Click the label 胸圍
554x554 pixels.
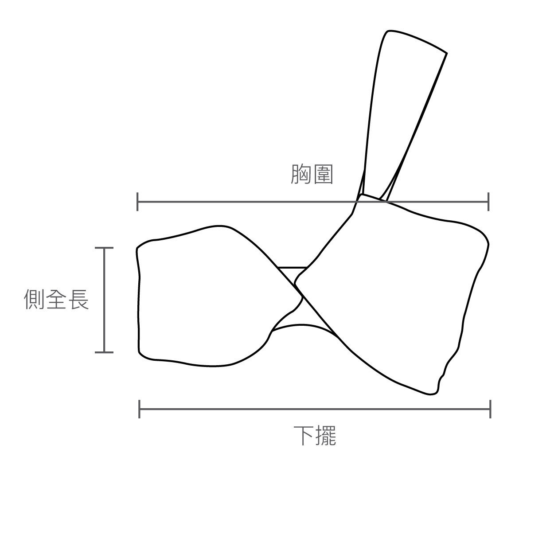click(x=312, y=175)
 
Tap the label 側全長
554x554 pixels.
click(x=56, y=299)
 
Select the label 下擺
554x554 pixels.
click(x=315, y=436)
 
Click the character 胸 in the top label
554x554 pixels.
click(x=301, y=175)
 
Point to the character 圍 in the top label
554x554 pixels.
click(x=323, y=175)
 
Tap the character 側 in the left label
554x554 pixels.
click(x=34, y=299)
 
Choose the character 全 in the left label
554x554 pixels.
click(x=56, y=299)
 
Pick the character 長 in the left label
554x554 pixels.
click(x=78, y=299)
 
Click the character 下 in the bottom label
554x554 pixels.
click(x=304, y=436)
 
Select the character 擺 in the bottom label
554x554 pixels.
click(x=326, y=436)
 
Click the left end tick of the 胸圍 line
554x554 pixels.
click(x=138, y=202)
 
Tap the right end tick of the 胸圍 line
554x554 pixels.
click(x=488, y=202)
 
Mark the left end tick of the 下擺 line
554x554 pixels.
click(x=140, y=409)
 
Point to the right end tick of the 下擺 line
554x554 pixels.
click(x=490, y=409)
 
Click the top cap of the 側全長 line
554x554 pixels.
click(x=104, y=248)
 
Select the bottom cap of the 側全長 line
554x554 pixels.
click(x=104, y=352)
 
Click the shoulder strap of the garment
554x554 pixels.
click(x=399, y=111)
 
